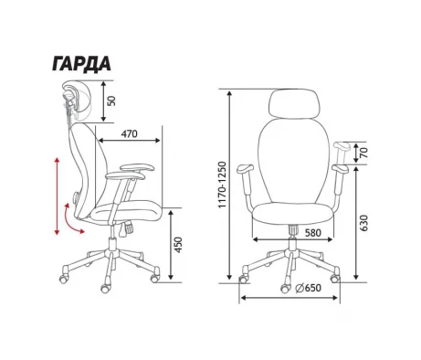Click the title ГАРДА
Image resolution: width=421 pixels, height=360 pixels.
81,64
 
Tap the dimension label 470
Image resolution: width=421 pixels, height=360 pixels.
130,134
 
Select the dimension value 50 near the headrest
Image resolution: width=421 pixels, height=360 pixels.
112,101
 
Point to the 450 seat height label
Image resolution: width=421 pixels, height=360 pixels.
178,245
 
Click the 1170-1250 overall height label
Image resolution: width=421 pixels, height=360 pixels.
223,185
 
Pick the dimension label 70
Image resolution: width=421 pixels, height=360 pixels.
364,152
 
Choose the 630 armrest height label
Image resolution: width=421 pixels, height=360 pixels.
363,223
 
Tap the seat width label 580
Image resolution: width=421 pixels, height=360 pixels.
313,233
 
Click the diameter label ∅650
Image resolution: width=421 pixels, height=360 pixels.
309,288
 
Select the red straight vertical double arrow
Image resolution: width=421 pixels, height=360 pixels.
57,196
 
